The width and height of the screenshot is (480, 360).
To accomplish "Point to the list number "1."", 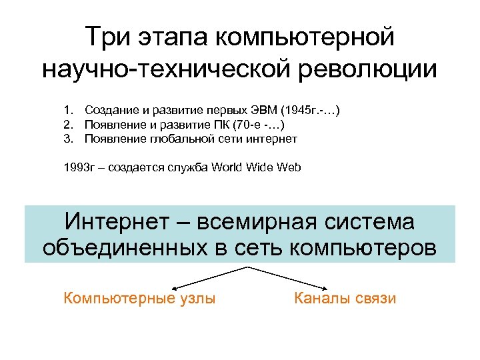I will (x=69, y=109).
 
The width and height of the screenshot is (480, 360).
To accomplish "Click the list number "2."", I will (x=69, y=124).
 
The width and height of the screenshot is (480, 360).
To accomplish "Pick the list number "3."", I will (x=69, y=139).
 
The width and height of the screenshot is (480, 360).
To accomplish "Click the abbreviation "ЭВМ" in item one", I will (x=265, y=109).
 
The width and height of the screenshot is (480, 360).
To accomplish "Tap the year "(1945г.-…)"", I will (x=311, y=109).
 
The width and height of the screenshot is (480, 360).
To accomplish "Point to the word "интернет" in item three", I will (x=273, y=139).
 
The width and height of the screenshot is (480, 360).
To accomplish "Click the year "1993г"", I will (x=78, y=167).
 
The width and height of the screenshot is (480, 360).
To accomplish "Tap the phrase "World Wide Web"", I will (x=256, y=167).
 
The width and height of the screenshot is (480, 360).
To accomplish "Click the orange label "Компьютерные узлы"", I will (x=139, y=298).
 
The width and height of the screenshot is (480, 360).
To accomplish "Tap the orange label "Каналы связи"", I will (x=345, y=298).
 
